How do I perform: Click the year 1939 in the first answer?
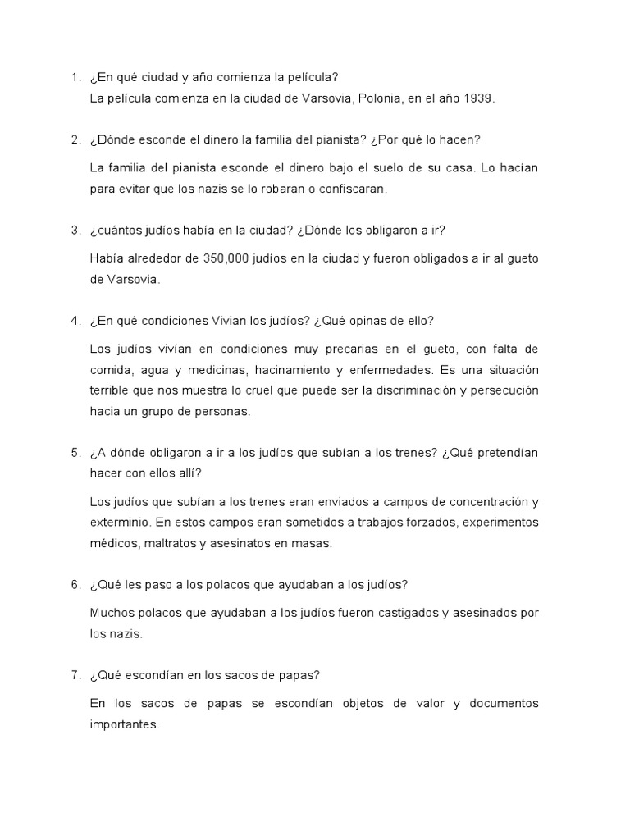[478, 98]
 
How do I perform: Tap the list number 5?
[75, 453]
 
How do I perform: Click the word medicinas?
[225, 369]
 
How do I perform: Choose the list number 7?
[75, 675]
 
